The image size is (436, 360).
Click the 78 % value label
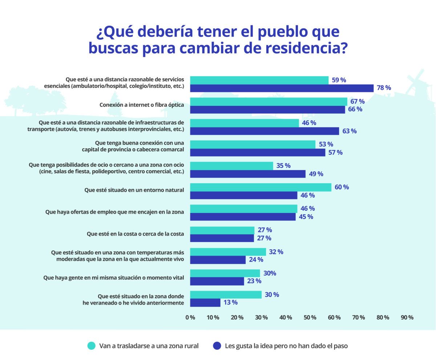[383, 88]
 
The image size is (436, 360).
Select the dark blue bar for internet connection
[267, 109]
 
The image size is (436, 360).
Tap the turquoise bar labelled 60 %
[261, 187]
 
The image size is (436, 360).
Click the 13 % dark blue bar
[205, 303]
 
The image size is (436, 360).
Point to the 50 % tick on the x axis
[310, 317]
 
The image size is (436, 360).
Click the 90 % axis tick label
[407, 317]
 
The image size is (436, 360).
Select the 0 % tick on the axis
[190, 317]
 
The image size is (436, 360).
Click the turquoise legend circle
[92, 346]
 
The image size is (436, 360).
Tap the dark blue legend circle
[217, 346]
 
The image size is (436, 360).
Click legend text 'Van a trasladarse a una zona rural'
[149, 346]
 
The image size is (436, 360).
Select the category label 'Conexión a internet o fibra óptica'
[142, 105]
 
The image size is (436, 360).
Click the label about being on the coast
[135, 234]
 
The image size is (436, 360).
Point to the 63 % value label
[349, 131]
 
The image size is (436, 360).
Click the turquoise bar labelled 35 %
[231, 166]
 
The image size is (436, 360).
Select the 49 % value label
[316, 174]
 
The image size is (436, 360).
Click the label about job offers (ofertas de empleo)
[114, 212]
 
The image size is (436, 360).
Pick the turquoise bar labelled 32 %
[228, 252]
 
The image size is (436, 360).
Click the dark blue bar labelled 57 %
[258, 153]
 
